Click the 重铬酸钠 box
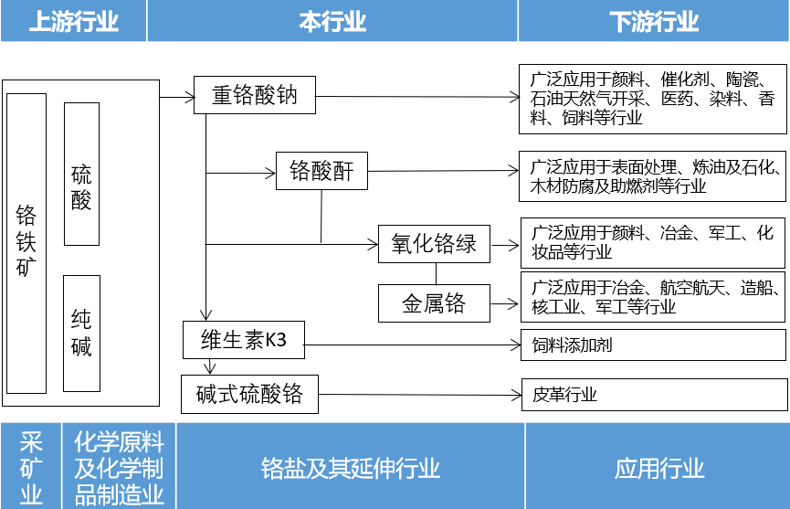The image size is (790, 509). coord(255,95)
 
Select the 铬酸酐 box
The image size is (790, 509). coord(321,171)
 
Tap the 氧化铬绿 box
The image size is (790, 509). coord(434,244)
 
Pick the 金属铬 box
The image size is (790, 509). coord(434,303)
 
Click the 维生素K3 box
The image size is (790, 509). coord(243,340)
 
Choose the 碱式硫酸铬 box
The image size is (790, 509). coord(248,395)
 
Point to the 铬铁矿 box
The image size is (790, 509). coord(26,242)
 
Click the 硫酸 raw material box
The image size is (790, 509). coord(81,174)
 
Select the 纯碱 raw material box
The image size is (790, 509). coord(81,333)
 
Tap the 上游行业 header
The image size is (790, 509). coord(73,21)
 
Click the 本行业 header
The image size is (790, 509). coord(332,21)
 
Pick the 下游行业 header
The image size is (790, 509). coord(653,21)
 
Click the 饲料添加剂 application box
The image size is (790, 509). coord(652,345)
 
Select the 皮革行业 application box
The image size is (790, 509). coord(652,395)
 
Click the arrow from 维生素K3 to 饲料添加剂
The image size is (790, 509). coord(411,345)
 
